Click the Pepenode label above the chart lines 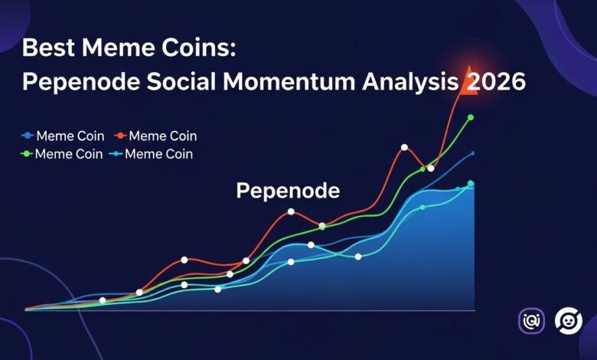coord(288,191)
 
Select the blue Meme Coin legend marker coord(28,136)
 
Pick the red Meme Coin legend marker coord(119,136)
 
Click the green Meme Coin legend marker coord(28,154)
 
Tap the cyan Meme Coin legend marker coord(115,154)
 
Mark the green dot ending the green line coord(471,117)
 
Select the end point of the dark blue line coord(473,153)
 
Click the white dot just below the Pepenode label coord(291,211)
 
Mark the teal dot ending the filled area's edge coord(471,184)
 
